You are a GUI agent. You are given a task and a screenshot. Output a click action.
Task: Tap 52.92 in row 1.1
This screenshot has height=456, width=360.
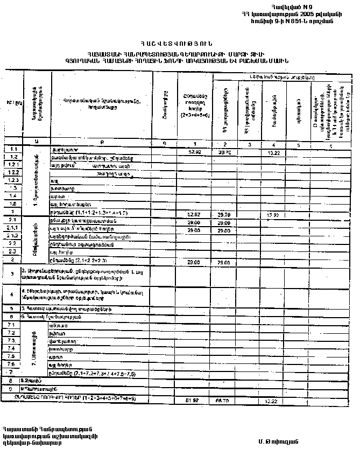(195, 152)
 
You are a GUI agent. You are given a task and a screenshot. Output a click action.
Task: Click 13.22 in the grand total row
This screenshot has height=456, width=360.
(269, 400)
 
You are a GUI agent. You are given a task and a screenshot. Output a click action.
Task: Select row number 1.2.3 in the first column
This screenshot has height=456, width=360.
(14, 180)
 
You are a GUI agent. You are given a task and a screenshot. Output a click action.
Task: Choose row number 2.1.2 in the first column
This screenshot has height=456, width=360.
(14, 236)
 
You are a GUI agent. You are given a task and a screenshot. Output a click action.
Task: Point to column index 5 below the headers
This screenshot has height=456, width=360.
(295, 145)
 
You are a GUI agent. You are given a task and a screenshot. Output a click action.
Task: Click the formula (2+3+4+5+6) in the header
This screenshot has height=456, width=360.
(195, 115)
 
